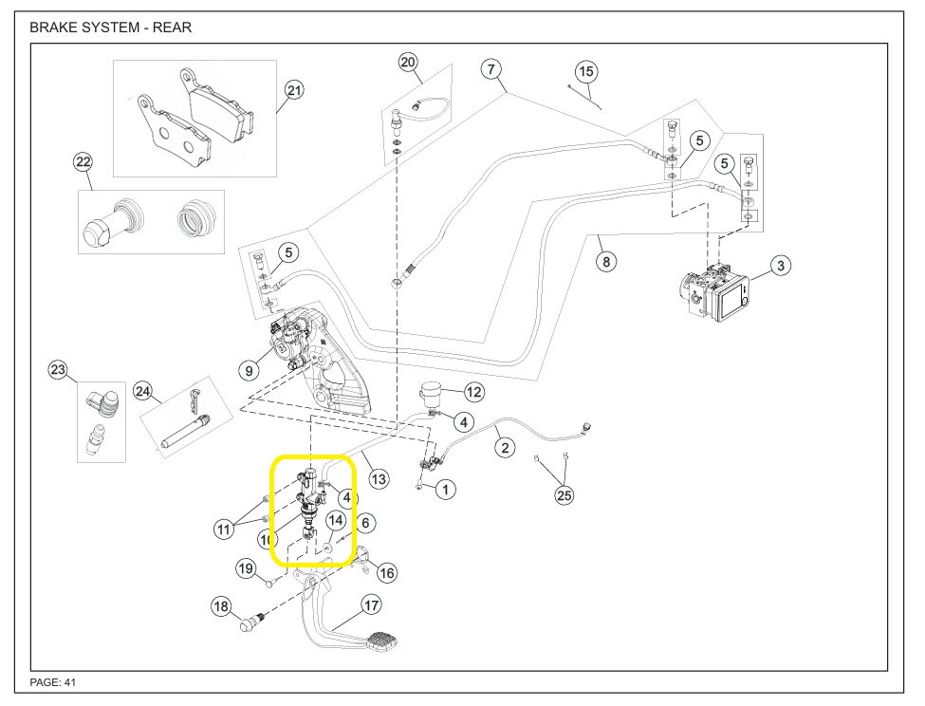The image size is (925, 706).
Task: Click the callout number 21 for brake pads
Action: point(294,91)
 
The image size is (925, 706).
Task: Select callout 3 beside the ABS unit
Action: point(779,266)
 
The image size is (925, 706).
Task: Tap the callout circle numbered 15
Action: point(586,71)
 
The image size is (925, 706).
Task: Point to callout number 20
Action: point(408,63)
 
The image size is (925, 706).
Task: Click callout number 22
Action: point(83,162)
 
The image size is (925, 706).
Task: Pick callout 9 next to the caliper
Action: point(250,370)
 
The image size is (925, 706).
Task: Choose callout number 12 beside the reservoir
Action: point(473,391)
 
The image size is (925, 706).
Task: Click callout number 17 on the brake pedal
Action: point(371,604)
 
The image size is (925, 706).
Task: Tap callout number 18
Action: point(221,606)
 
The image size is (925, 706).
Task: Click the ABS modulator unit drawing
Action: point(715,288)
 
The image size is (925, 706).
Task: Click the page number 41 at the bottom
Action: point(69,682)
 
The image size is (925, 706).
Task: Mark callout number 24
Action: point(143,390)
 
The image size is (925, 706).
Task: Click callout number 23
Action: point(59,370)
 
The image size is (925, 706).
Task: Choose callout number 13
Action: point(379,479)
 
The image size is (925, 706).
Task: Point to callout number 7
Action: point(490,68)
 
